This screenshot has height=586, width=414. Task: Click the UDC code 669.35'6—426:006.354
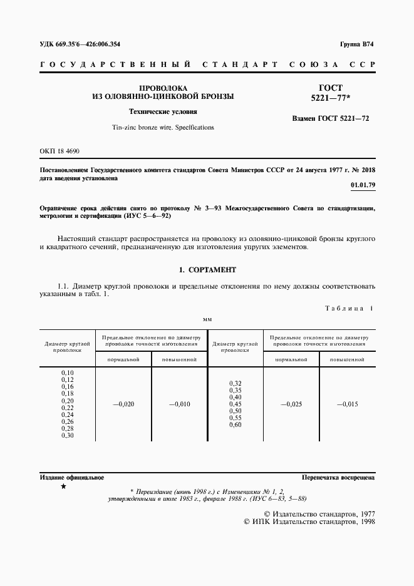tap(80, 44)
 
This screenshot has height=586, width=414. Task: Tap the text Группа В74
tap(356, 44)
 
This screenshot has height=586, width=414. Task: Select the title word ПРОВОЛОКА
tap(163, 88)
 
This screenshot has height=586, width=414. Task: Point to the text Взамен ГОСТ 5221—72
tap(331, 118)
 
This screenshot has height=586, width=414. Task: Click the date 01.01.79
tap(363, 185)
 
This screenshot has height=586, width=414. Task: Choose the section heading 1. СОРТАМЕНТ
tap(207, 270)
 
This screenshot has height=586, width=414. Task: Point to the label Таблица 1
tap(349, 308)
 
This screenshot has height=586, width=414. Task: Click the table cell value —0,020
tap(123, 404)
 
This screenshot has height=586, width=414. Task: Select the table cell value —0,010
tap(180, 404)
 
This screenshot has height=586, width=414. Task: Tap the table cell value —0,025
tap(291, 404)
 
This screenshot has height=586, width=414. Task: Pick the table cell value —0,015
tap(347, 404)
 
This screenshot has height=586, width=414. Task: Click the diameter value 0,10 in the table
tap(68, 373)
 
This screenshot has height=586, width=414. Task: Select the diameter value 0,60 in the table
tap(235, 425)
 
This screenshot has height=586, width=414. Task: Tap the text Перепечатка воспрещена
tap(338, 477)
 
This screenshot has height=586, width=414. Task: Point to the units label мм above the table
tap(207, 319)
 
